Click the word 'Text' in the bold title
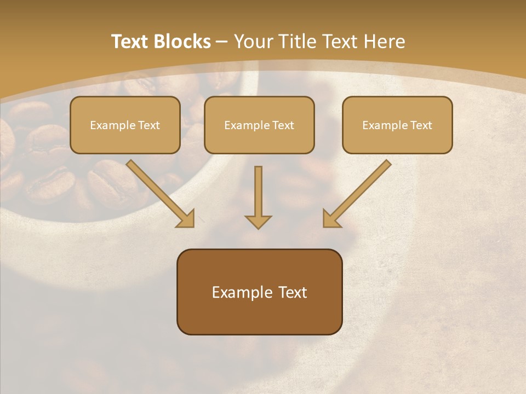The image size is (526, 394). coord(130,42)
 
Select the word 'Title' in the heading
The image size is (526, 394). coord(300,42)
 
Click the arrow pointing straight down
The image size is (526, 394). coord(258,194)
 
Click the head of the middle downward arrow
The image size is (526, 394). coord(258,221)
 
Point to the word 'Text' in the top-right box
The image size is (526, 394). coord(421,125)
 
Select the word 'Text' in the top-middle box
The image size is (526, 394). coord(283,125)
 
